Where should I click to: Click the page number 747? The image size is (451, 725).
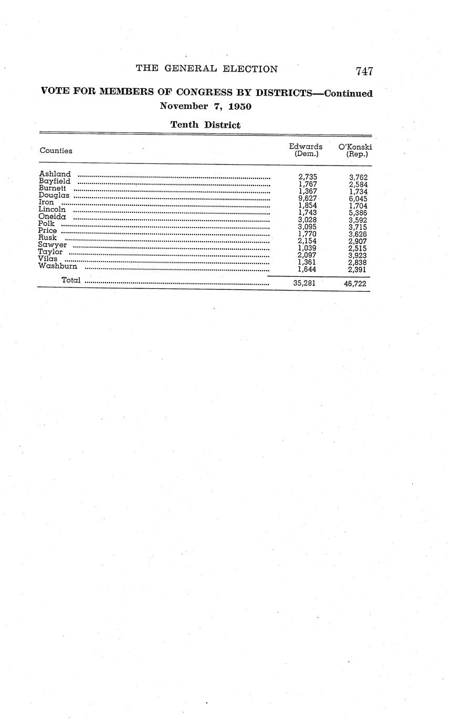(x=364, y=71)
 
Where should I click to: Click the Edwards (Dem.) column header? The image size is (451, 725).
(x=306, y=150)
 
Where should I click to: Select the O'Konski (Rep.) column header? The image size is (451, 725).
(x=355, y=150)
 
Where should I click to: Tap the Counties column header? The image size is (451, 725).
(x=56, y=151)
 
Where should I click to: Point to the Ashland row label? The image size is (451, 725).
(x=55, y=174)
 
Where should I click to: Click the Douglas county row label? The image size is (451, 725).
(x=54, y=195)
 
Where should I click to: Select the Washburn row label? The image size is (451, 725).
(x=58, y=266)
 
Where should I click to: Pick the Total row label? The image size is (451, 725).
(x=71, y=281)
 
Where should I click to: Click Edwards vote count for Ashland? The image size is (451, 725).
(x=308, y=178)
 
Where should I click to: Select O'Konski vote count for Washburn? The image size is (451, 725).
(x=358, y=270)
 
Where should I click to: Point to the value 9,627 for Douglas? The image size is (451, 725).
(x=308, y=199)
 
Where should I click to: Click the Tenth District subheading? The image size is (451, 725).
(x=205, y=125)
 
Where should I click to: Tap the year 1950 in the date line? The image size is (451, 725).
(x=240, y=106)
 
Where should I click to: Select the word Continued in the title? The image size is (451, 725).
(x=349, y=94)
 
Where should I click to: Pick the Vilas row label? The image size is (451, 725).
(x=48, y=258)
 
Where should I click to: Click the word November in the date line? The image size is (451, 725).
(x=183, y=106)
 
